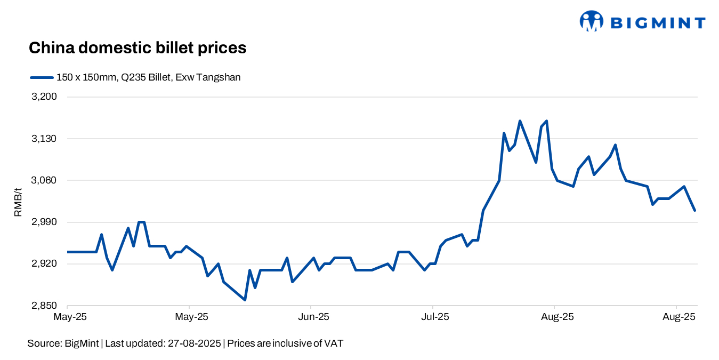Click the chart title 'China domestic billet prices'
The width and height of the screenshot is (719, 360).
(137, 48)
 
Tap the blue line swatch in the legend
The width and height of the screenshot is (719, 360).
(42, 77)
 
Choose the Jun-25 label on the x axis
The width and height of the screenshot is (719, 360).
(313, 317)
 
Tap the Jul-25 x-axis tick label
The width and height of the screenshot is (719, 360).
(435, 317)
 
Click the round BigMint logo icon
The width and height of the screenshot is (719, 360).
(591, 21)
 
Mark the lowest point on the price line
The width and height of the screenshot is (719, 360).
(245, 300)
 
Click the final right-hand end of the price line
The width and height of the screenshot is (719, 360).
(695, 210)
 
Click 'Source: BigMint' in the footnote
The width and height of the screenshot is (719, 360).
(63, 343)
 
